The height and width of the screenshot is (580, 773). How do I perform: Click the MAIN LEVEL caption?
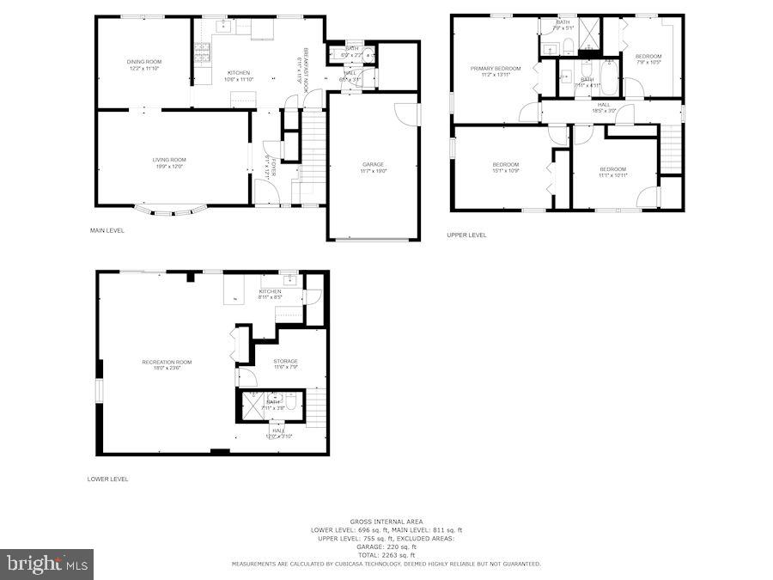coord(107,230)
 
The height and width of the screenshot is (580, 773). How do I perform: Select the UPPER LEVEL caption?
coord(466,235)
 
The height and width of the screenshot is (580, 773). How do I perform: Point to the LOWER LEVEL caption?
coord(107,479)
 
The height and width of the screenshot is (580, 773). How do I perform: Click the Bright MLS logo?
coord(47,565)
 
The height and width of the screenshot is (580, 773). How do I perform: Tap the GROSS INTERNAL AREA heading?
coord(386,522)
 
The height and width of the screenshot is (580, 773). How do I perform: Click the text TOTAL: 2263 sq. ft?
coord(386,555)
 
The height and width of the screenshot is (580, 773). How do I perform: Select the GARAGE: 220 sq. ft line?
coord(386,546)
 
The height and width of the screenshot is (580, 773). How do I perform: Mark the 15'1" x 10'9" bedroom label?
coord(505,168)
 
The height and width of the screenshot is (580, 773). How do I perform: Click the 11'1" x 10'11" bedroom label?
coord(612,172)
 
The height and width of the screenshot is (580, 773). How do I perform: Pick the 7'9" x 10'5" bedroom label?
coord(648,59)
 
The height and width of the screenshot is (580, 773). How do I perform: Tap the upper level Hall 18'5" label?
coord(604,107)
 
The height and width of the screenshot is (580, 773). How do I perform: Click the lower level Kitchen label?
coord(270,295)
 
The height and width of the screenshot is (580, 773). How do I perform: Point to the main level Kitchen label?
coord(238,76)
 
